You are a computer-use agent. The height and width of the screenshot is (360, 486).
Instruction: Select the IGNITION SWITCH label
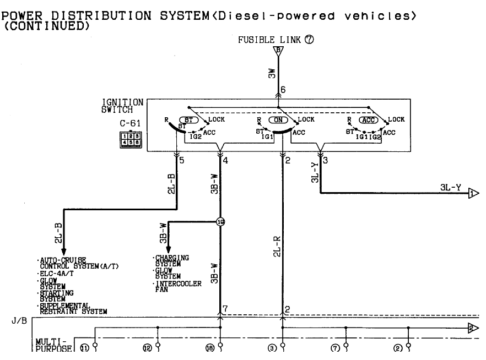(x=123, y=106)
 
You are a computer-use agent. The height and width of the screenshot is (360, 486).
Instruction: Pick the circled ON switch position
(x=278, y=119)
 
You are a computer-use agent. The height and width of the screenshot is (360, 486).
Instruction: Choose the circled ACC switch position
(x=369, y=119)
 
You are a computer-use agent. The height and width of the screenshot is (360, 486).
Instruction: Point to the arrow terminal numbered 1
(x=473, y=193)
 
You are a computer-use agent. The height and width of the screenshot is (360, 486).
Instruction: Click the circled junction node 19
(x=220, y=222)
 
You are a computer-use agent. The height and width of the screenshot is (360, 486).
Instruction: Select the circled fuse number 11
(x=85, y=347)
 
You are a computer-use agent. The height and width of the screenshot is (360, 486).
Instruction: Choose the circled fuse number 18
(x=210, y=347)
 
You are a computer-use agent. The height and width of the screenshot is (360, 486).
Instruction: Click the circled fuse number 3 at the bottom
(x=272, y=347)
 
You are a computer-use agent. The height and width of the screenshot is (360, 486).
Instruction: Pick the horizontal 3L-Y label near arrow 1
(x=451, y=187)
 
